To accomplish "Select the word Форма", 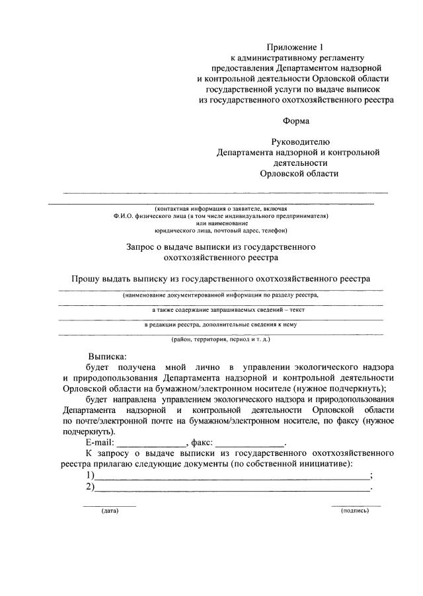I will point(295,121).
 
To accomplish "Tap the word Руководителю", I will point(299,142).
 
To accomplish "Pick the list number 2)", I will point(90,488).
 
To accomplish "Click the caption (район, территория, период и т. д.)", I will point(221,340).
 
